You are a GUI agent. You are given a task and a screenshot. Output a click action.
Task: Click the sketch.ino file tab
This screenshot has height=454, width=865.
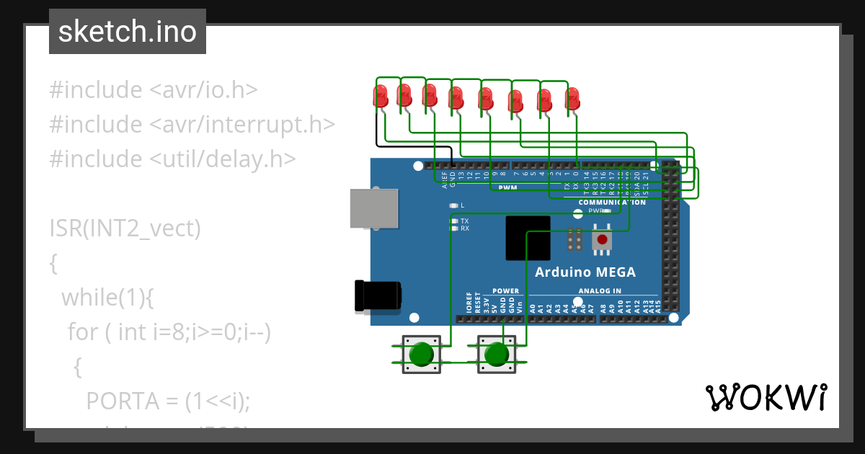[x=127, y=32]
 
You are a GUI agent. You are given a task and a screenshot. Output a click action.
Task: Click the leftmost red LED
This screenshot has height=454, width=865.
[x=380, y=96]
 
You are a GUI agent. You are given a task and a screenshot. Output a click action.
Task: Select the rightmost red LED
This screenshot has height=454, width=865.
[x=572, y=99]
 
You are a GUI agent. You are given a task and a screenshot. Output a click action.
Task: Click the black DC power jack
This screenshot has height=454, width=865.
[x=377, y=296]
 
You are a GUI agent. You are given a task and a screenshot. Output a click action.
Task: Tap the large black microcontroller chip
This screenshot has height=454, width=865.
[x=528, y=238]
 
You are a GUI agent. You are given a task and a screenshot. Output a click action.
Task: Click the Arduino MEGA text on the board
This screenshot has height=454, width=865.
[x=585, y=272]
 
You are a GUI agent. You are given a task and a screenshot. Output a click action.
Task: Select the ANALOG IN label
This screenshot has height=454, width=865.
[x=599, y=291]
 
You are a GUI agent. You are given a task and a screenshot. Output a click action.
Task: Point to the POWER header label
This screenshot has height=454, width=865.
[x=505, y=291]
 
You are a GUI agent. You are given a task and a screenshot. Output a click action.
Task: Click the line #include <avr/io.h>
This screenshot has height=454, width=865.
[x=153, y=90]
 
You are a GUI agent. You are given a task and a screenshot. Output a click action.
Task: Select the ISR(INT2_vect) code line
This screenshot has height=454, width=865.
[x=125, y=228]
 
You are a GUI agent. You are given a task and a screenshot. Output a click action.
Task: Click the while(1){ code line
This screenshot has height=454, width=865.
[x=108, y=296]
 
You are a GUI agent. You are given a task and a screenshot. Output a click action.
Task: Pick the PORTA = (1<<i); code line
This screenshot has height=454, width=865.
[x=168, y=400]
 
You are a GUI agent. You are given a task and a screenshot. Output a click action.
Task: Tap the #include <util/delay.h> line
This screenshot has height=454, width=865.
[x=172, y=159]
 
